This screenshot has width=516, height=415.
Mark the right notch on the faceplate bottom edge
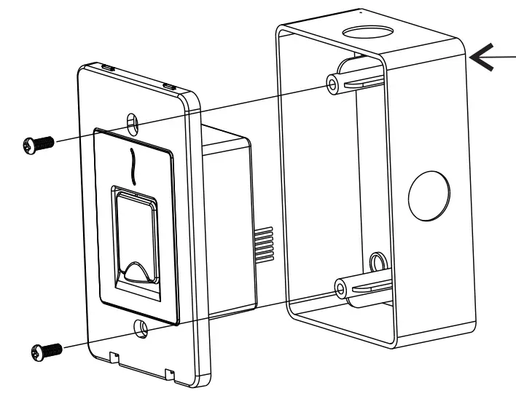(169, 373)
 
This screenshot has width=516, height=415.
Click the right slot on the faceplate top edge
(170, 85)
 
